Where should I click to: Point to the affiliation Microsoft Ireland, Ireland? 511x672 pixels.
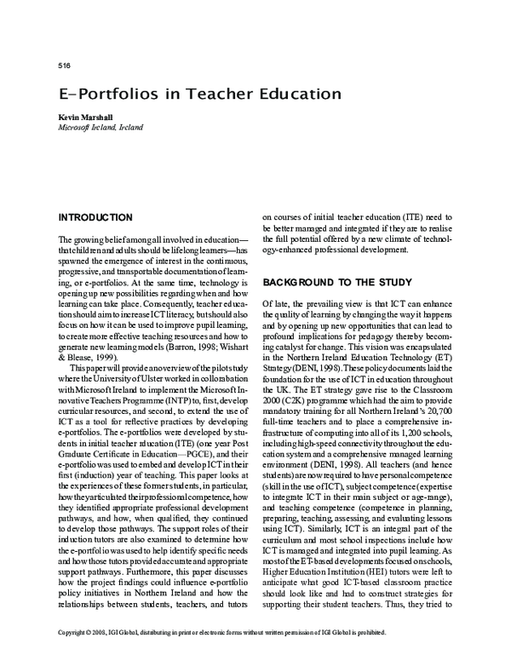(x=100, y=127)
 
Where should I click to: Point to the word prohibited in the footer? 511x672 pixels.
(x=368, y=658)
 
